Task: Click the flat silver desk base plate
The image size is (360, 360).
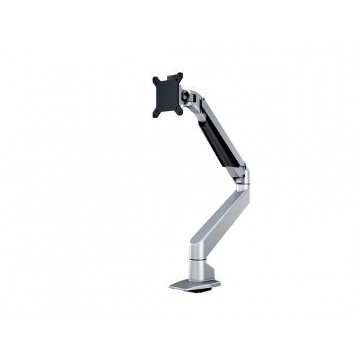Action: tap(189, 285)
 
